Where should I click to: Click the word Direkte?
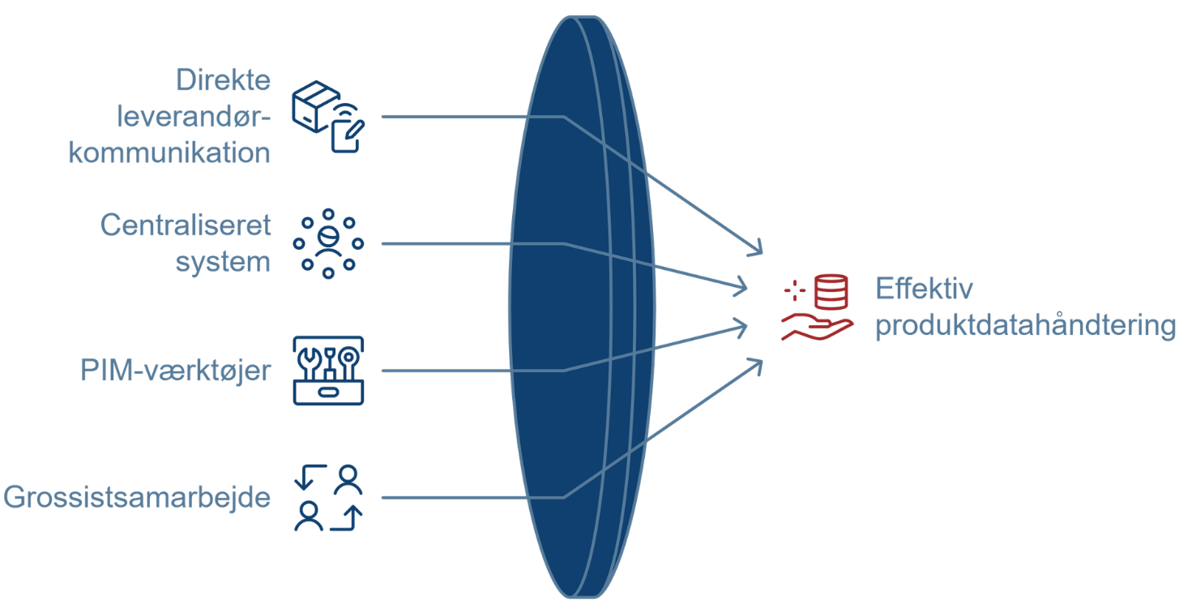pyautogui.click(x=224, y=82)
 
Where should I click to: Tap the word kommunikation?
pyautogui.click(x=169, y=152)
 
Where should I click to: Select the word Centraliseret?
pyautogui.click(x=186, y=225)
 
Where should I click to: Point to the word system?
pyautogui.click(x=223, y=263)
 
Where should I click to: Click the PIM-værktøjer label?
pyautogui.click(x=175, y=371)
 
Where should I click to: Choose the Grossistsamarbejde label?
pyautogui.click(x=136, y=497)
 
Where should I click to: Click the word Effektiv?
pyautogui.click(x=924, y=289)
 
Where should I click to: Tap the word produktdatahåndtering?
pyautogui.click(x=1025, y=327)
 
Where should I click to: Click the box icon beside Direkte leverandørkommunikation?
pyautogui.click(x=328, y=116)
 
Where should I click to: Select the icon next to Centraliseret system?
pyautogui.click(x=328, y=243)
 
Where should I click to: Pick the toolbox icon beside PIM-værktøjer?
pyautogui.click(x=328, y=371)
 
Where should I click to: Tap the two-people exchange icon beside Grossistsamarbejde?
pyautogui.click(x=328, y=497)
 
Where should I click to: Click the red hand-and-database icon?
pyautogui.click(x=816, y=308)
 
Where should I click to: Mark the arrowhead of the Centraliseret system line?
pyautogui.click(x=741, y=285)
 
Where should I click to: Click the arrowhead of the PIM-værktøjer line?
pyautogui.click(x=741, y=326)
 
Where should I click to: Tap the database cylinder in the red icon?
pyautogui.click(x=830, y=292)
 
